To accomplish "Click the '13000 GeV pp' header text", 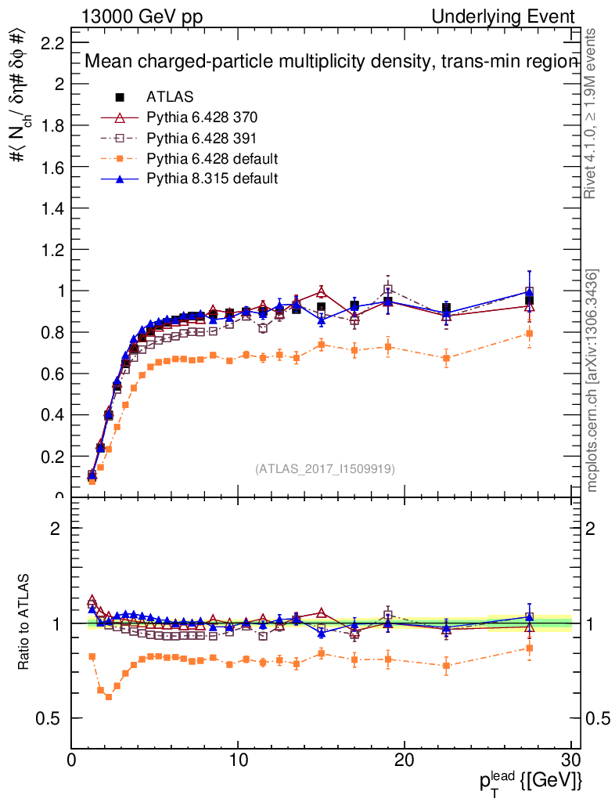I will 142,17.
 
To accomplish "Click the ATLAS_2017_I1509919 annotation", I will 325,469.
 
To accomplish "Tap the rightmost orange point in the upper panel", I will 530,334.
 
